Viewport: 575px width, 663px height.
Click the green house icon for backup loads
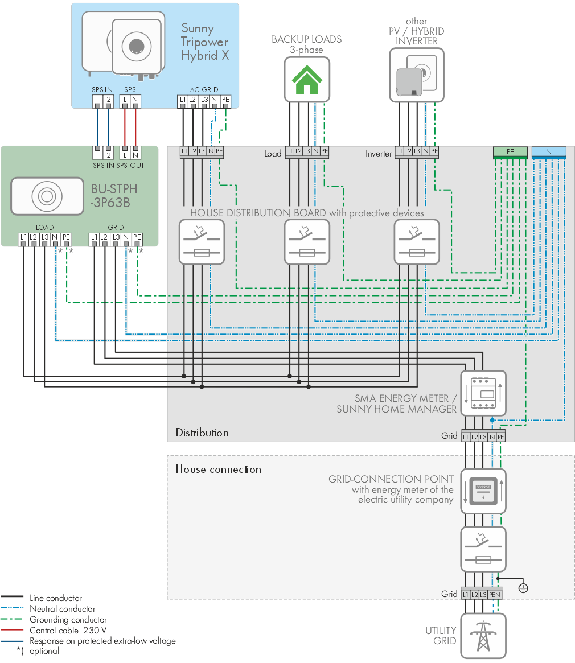307,80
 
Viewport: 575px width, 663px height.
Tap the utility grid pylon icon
483,636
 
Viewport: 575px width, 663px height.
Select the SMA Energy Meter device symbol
483,393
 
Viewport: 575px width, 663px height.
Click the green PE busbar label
510,152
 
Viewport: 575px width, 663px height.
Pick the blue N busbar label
549,152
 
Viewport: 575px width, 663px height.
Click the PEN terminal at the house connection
495,594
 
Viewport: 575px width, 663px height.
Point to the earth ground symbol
523,588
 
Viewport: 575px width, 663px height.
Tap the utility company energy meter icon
483,491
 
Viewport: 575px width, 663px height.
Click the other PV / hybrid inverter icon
417,75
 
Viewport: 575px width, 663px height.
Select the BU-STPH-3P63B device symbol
47,196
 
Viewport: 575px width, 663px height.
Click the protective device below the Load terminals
307,242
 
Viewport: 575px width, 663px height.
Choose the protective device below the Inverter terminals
417,242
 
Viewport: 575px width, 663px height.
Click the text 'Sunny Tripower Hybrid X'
205,42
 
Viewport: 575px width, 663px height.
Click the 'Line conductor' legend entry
56,598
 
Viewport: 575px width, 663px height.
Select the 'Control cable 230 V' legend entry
68,630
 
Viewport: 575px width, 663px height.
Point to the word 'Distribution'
202,433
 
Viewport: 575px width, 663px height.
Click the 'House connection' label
218,470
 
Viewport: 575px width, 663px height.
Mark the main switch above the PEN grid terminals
483,549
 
